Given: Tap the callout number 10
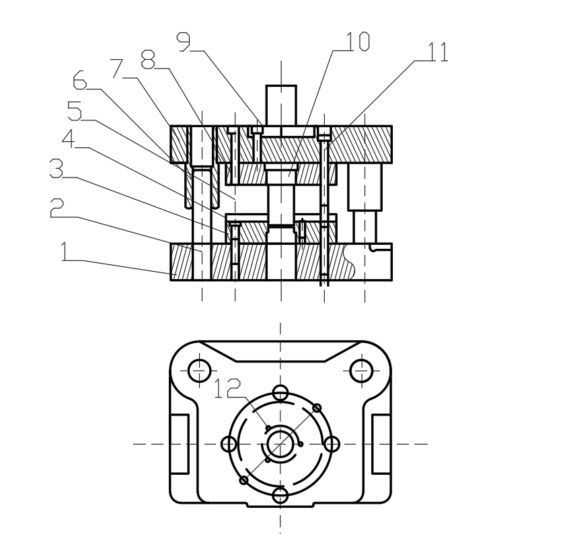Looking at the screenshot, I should tap(356, 42).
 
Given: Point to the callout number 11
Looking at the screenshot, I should tap(435, 52).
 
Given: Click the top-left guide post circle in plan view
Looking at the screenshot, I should tap(200, 369).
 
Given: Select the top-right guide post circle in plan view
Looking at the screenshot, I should tap(362, 369).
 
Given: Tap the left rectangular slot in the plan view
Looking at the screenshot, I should tap(179, 444).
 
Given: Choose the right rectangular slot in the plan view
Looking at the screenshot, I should tap(381, 444).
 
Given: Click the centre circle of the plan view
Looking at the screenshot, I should tap(280, 444).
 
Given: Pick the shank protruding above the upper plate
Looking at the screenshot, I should tap(281, 105).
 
